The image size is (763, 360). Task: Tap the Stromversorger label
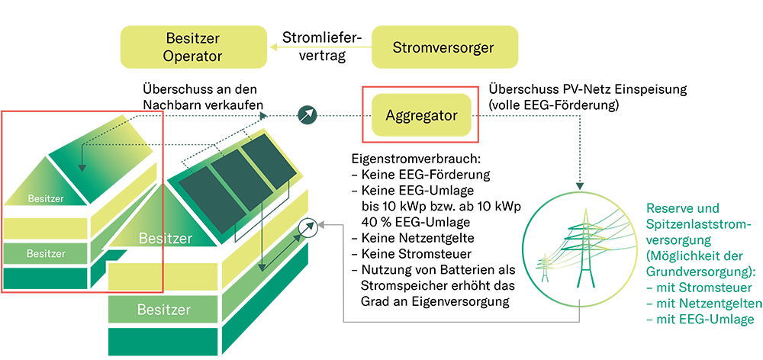(x=443, y=48)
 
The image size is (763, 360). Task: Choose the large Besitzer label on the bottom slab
(x=164, y=310)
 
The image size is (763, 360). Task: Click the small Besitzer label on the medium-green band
(x=46, y=253)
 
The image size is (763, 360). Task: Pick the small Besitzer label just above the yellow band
(x=46, y=199)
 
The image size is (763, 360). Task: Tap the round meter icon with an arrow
(x=308, y=229)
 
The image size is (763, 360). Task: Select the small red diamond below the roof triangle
(x=162, y=259)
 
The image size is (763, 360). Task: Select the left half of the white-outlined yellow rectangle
(x=134, y=277)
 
